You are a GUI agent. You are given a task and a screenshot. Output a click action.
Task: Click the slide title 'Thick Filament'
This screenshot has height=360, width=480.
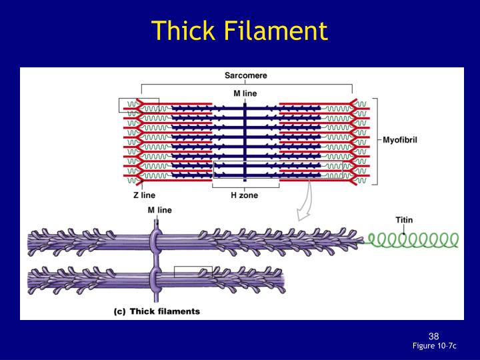pos(239,31)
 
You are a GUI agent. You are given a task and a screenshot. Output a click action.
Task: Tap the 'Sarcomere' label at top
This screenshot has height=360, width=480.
pos(245,75)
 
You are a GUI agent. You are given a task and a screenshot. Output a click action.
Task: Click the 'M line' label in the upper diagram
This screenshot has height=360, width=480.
pos(245,93)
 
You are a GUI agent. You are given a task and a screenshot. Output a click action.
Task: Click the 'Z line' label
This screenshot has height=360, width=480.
pos(144,195)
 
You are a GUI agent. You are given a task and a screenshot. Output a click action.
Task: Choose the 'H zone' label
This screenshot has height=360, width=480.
pos(245,195)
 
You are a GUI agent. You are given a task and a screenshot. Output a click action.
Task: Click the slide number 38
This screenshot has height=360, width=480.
pos(433,335)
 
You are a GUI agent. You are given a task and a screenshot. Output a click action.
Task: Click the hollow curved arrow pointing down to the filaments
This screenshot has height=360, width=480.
pos(305,203)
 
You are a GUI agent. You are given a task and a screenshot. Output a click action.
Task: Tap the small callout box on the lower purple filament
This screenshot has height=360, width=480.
pos(193,271)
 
